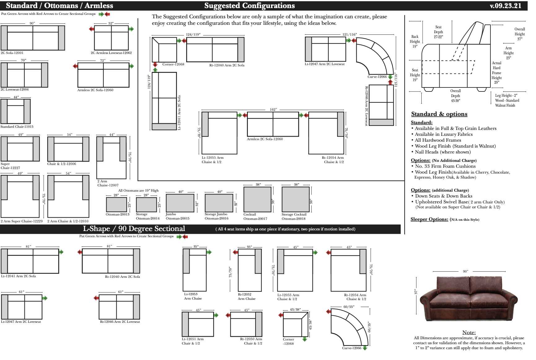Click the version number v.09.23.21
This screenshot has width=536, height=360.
(505, 6)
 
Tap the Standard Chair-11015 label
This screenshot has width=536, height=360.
(17, 127)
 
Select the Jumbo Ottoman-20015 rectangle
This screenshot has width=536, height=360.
(180, 203)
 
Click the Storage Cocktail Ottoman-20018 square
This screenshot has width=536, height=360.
(296, 199)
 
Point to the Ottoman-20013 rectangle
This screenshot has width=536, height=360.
(116, 204)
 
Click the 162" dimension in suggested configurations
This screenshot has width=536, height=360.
(273, 109)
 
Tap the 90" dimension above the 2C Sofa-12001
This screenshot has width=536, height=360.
(32, 23)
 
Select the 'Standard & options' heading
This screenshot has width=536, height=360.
(439, 114)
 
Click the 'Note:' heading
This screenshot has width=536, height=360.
(469, 332)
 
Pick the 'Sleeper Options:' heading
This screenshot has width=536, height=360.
(429, 219)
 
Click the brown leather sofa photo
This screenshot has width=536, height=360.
(468, 300)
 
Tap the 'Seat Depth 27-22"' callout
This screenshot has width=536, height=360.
(438, 32)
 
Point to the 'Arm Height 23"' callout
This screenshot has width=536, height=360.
(508, 53)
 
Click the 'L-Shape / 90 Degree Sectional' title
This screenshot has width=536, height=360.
(134, 229)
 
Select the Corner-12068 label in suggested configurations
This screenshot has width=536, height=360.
(173, 64)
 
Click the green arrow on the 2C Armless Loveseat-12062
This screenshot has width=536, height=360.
(132, 29)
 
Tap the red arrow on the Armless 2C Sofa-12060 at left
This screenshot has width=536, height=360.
(75, 66)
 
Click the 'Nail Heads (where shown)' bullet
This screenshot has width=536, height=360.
(442, 152)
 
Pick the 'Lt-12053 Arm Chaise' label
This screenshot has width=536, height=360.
(193, 296)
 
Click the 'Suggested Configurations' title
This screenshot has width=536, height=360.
(249, 6)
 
